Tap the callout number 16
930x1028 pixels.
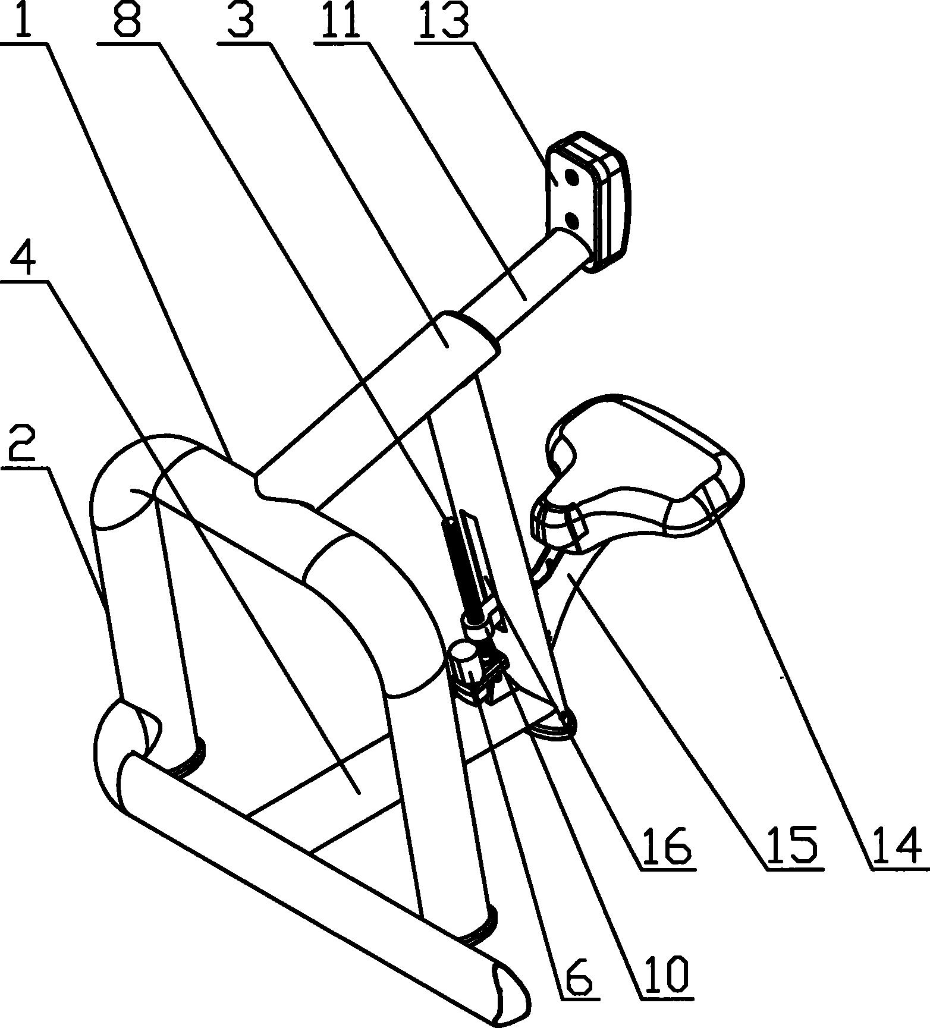pyautogui.click(x=666, y=846)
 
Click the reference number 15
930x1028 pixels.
pyautogui.click(x=793, y=846)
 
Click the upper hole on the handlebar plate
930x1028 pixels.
pyautogui.click(x=572, y=178)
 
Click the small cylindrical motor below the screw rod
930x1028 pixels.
pyautogui.click(x=466, y=669)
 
